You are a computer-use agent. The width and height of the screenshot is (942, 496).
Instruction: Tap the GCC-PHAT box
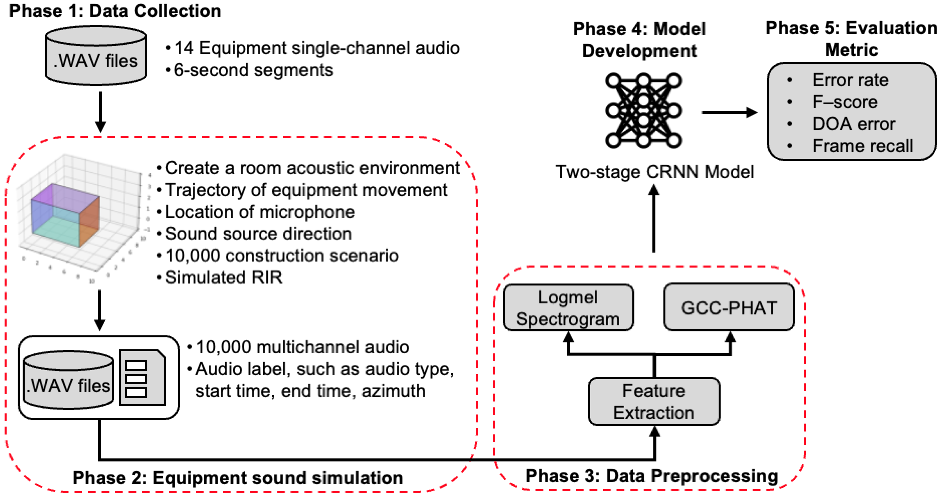point(729,307)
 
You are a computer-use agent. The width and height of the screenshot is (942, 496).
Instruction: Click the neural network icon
point(643,110)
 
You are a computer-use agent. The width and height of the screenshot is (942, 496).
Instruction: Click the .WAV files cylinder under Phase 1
point(96,56)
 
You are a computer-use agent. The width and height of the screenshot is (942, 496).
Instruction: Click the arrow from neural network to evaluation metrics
point(729,112)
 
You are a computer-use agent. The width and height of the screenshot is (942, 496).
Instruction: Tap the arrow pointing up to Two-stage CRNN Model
point(654,218)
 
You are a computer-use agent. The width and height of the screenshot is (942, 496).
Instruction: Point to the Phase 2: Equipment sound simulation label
point(238,478)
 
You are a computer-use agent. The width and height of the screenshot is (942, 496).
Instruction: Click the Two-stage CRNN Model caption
point(655,172)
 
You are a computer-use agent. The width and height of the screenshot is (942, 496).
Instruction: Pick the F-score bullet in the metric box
point(845,102)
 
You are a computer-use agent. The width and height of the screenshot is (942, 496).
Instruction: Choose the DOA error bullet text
point(854,124)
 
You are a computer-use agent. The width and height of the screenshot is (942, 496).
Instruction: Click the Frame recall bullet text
point(863,146)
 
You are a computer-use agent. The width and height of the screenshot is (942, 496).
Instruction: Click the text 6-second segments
point(253,70)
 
